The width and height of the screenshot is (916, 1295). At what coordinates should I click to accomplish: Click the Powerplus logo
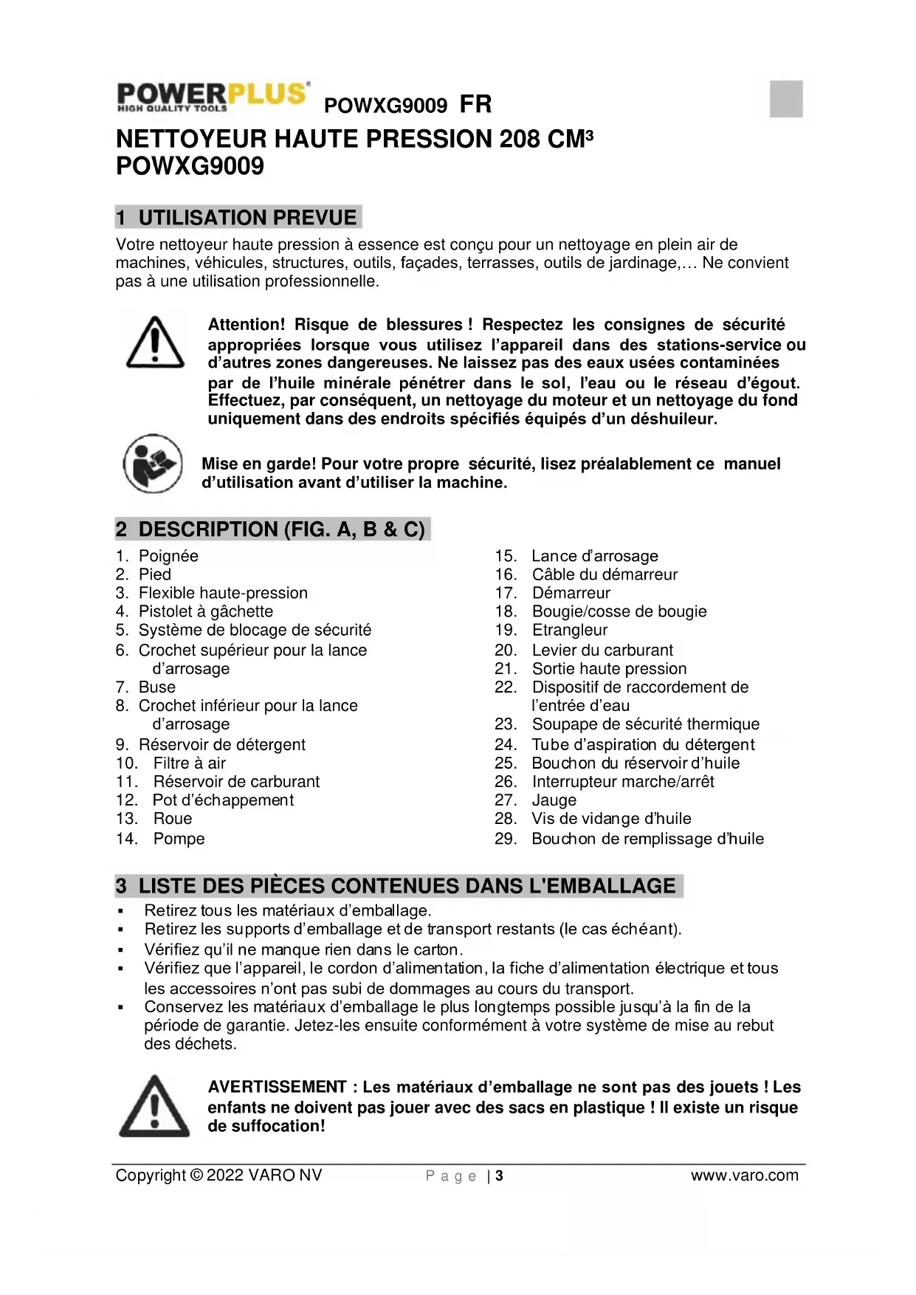213,97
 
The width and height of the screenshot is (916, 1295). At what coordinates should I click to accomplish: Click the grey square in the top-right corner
786,99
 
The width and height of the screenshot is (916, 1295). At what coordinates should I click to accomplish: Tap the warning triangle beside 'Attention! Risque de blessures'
155,343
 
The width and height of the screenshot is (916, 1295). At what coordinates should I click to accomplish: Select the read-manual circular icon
153,464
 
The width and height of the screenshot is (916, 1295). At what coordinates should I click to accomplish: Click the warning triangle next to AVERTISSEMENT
154,1106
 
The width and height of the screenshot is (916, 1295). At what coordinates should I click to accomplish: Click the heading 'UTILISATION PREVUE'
247,218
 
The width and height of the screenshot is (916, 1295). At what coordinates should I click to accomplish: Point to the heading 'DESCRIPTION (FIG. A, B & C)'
281,529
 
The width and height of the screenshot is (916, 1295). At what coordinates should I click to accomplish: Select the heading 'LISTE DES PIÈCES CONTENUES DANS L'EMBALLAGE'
407,886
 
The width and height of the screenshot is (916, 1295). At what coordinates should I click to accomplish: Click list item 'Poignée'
168,556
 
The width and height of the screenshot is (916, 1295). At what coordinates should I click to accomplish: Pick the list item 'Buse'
157,687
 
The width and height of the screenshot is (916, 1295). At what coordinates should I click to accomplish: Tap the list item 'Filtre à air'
189,763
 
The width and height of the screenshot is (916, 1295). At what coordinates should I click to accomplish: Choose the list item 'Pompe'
179,839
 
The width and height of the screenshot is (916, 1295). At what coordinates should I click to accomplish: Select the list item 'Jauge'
554,800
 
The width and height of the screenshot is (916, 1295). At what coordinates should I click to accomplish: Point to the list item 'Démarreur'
571,593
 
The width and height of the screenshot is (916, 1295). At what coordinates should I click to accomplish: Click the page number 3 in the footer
500,1175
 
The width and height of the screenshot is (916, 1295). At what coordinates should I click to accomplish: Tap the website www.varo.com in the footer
744,1175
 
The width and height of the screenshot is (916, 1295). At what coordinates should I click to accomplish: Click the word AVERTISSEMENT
277,1087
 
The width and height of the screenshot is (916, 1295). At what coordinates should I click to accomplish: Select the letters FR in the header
475,104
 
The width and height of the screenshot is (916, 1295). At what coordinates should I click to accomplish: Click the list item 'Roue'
172,818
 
